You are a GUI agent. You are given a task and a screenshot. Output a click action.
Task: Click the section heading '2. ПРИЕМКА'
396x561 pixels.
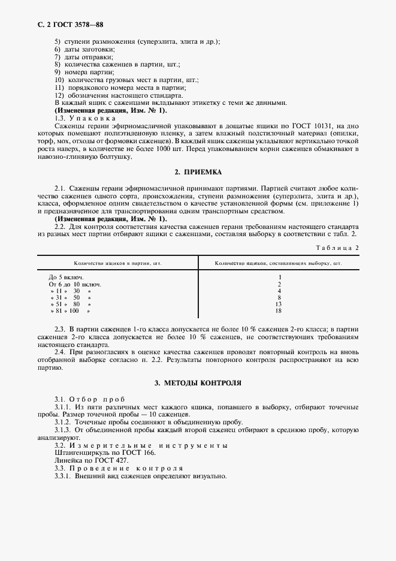point(197,173)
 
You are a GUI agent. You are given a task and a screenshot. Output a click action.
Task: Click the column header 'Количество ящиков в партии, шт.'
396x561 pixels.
point(118,263)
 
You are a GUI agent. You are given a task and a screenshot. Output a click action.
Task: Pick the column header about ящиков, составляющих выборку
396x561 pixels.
point(278,263)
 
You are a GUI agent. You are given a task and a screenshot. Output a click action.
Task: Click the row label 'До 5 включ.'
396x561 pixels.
point(66,277)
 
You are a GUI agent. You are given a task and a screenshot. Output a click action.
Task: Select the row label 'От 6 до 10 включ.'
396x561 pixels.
point(75,284)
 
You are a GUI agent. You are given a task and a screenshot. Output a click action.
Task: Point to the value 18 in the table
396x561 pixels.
point(279,311)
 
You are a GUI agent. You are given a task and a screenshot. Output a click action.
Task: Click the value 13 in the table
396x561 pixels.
point(279,304)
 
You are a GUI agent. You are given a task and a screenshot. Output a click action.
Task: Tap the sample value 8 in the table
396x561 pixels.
point(279,297)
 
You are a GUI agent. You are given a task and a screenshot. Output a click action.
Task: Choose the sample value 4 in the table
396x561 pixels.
point(279,291)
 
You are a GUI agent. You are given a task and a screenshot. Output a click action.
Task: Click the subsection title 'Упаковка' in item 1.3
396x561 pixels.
point(91,119)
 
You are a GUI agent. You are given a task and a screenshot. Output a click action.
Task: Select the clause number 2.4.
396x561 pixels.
point(60,352)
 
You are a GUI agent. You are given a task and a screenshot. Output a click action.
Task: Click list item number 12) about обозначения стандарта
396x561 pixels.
point(59,95)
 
